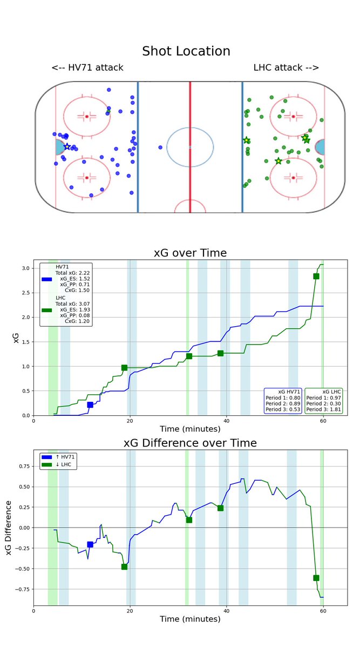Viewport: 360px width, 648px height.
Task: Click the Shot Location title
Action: tap(186, 51)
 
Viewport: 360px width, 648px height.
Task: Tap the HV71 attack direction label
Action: tap(87, 67)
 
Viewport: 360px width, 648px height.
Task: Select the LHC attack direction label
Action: tap(286, 67)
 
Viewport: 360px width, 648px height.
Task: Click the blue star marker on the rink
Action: tap(67, 146)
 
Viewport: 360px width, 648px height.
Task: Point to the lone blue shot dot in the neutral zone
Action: tap(160, 147)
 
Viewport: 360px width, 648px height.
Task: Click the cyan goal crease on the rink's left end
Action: tap(59, 147)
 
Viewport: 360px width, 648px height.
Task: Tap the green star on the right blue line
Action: tap(247, 140)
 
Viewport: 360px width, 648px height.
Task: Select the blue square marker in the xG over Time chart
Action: tap(90, 404)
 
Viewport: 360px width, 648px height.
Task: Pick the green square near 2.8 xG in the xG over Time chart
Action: tap(316, 276)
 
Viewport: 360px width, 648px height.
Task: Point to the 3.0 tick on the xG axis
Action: tap(26, 268)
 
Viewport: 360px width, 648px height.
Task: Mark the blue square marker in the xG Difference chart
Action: tap(90, 544)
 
